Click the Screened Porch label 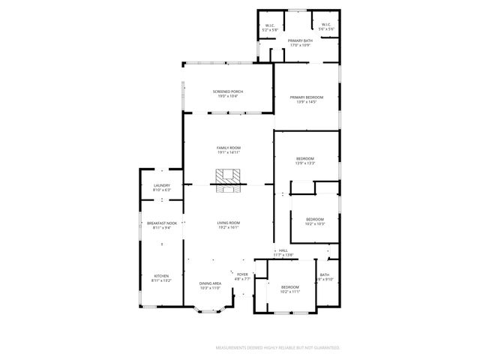pos(228,92)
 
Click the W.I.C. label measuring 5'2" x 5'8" pos(270,26)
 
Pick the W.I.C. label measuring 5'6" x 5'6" pos(326,26)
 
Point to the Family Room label pos(228,148)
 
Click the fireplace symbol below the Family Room pos(228,180)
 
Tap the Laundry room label pos(162,186)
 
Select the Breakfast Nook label pos(162,223)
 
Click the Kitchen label pos(162,275)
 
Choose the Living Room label pos(229,223)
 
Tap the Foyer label pos(242,274)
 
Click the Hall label pos(283,250)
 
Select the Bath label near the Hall pos(325,275)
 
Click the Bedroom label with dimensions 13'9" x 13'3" pos(305,160)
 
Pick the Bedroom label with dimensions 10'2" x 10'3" pos(315,220)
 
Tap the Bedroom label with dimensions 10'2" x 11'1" pos(290,287)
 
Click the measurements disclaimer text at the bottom pos(277,348)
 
